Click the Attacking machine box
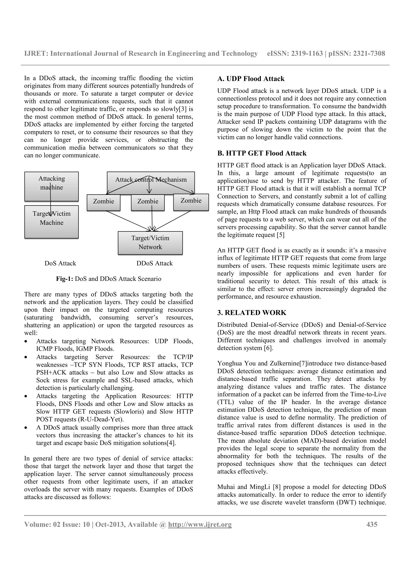pyautogui.click(x=51, y=186)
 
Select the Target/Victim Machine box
pyautogui.click(x=51, y=222)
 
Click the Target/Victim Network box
pyautogui.click(x=150, y=243)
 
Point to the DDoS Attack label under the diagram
pyautogui.click(x=155, y=263)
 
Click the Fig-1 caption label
pyautogui.click(x=65, y=279)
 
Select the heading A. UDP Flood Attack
pyautogui.click(x=251, y=79)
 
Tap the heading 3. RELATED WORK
pyautogui.click(x=252, y=313)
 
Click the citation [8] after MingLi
pyautogui.click(x=277, y=487)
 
